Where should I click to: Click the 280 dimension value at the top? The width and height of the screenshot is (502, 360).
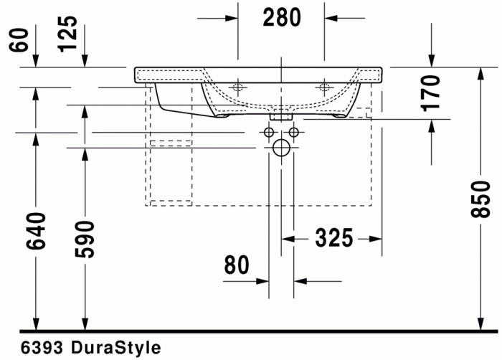coord(281,18)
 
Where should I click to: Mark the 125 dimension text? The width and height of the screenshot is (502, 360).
coord(69,32)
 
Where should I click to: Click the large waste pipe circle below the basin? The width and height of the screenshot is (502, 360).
coord(281,148)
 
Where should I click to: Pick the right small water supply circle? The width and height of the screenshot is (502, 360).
coord(293,133)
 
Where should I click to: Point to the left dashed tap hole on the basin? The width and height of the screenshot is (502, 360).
coord(238,89)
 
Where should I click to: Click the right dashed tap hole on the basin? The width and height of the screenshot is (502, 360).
coord(324,89)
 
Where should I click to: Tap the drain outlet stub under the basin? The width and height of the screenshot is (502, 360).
coord(281,115)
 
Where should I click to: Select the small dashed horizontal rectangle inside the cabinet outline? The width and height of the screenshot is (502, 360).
coord(171,142)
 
